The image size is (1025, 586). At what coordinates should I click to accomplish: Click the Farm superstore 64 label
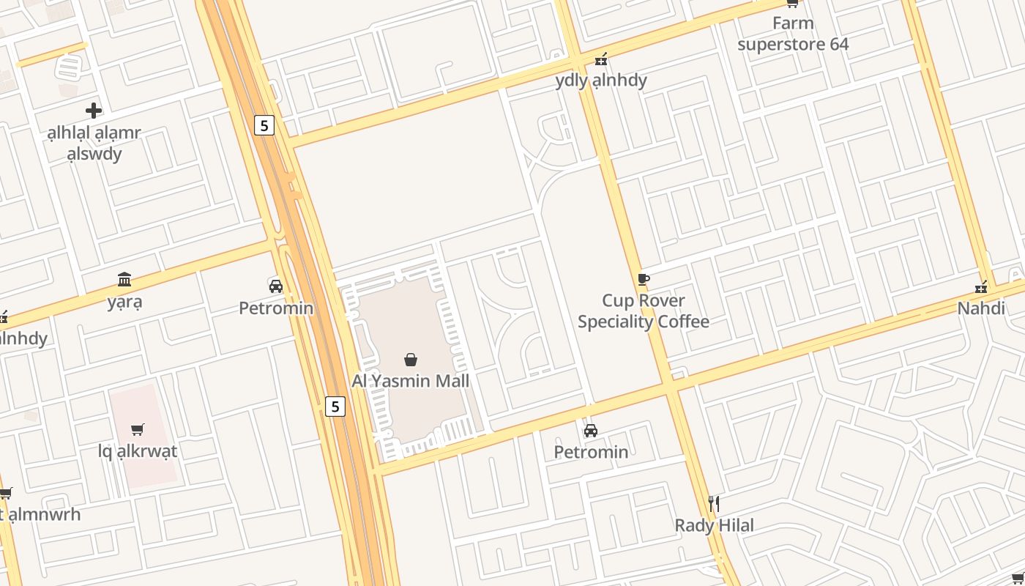tap(793, 34)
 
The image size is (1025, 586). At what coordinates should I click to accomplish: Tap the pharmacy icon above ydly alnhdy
tap(601, 59)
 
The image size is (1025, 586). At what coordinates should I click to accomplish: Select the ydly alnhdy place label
tap(601, 80)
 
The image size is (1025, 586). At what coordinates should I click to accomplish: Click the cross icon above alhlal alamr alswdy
tap(94, 111)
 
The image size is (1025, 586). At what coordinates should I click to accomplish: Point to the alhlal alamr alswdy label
tap(94, 144)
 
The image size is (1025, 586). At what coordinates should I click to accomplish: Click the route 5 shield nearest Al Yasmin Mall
tap(335, 406)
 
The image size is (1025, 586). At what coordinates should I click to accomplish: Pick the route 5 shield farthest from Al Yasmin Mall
tap(264, 125)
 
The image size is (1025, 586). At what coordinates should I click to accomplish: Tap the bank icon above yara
tap(124, 279)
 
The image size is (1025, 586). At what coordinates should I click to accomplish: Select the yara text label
tap(124, 301)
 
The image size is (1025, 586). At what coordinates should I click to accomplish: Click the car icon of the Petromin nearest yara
tap(276, 286)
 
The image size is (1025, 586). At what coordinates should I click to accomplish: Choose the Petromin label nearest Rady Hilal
tap(591, 452)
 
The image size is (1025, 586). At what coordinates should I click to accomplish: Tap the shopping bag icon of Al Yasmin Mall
tap(411, 359)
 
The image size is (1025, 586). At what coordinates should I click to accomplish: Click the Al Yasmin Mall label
tap(411, 381)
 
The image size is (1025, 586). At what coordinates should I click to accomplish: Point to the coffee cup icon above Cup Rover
tap(644, 279)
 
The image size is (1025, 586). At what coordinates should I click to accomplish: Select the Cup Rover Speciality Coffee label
tap(644, 311)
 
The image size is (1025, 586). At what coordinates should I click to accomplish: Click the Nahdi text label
tap(981, 308)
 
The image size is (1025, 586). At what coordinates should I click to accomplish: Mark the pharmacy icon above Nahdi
tap(981, 287)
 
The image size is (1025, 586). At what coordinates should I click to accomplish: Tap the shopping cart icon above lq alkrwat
tap(138, 429)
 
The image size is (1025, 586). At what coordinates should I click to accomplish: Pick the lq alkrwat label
tap(138, 451)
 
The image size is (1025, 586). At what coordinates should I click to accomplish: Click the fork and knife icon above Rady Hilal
tap(714, 503)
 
